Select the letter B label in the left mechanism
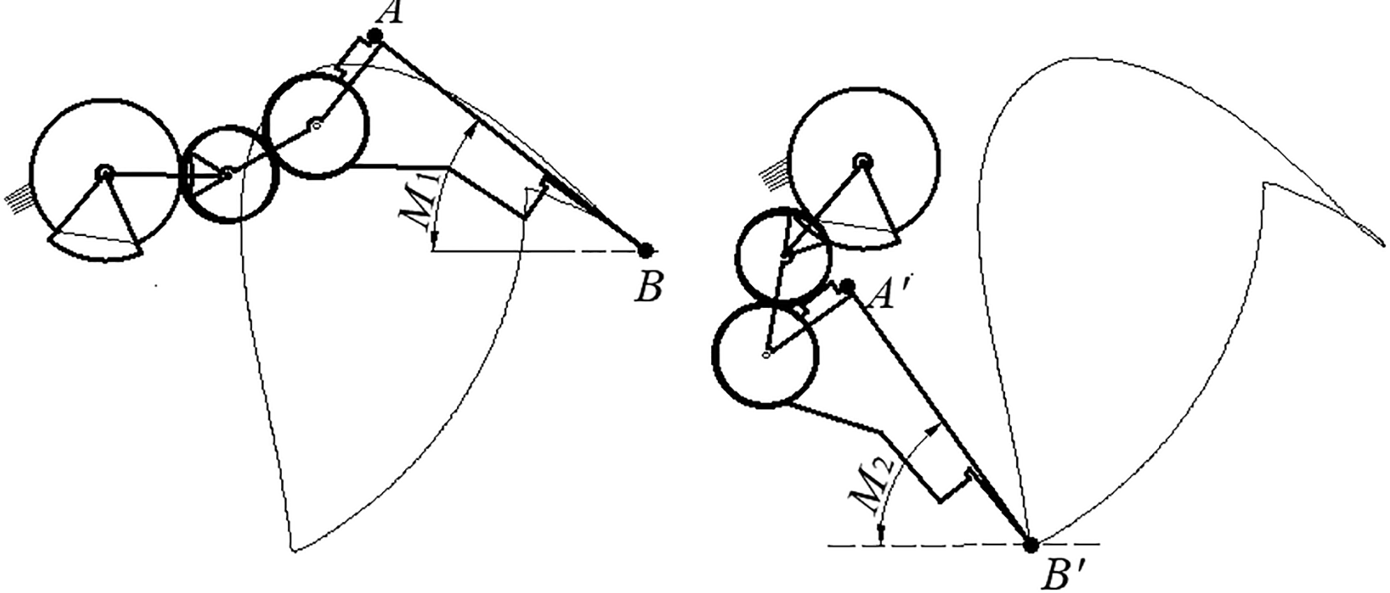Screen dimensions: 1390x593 coord(649,288)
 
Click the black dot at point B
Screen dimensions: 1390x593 coord(646,250)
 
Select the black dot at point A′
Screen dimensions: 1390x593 coord(848,287)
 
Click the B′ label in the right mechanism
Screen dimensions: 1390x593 coord(1063,575)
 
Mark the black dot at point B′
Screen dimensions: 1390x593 coord(1031,545)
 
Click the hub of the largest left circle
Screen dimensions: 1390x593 coord(105,174)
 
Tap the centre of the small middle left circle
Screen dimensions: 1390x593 coord(228,173)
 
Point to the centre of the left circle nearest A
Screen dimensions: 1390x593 coord(315,125)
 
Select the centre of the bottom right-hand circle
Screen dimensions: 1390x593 coord(766,354)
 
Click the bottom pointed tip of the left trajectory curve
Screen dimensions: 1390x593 coord(293,550)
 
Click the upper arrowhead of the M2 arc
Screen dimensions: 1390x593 coord(933,427)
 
